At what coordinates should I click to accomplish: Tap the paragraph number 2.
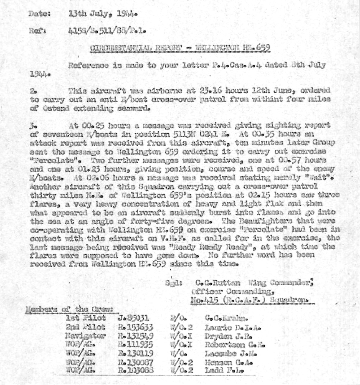[34, 90]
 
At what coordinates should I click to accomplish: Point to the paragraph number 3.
[34, 125]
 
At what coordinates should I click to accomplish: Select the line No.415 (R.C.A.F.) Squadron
[249, 299]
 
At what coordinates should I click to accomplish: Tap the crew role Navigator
[86, 335]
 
